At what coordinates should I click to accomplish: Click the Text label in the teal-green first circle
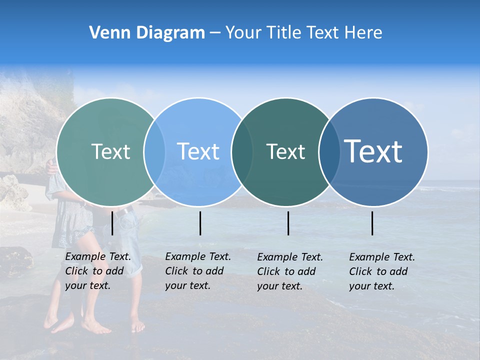110,151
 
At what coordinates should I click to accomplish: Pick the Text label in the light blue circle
198,151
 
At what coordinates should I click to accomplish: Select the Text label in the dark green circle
285,151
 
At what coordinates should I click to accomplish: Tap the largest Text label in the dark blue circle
373,151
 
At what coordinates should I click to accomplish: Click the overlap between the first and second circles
154,151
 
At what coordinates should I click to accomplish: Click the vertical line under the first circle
112,223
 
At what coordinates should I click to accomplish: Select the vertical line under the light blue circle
200,223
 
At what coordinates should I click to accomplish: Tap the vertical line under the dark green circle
288,223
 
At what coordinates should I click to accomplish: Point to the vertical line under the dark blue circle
372,223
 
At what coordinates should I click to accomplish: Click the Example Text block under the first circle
98,271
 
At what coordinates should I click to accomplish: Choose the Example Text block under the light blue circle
198,271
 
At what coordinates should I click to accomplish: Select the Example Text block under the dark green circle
290,271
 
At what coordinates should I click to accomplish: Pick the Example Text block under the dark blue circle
382,271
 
